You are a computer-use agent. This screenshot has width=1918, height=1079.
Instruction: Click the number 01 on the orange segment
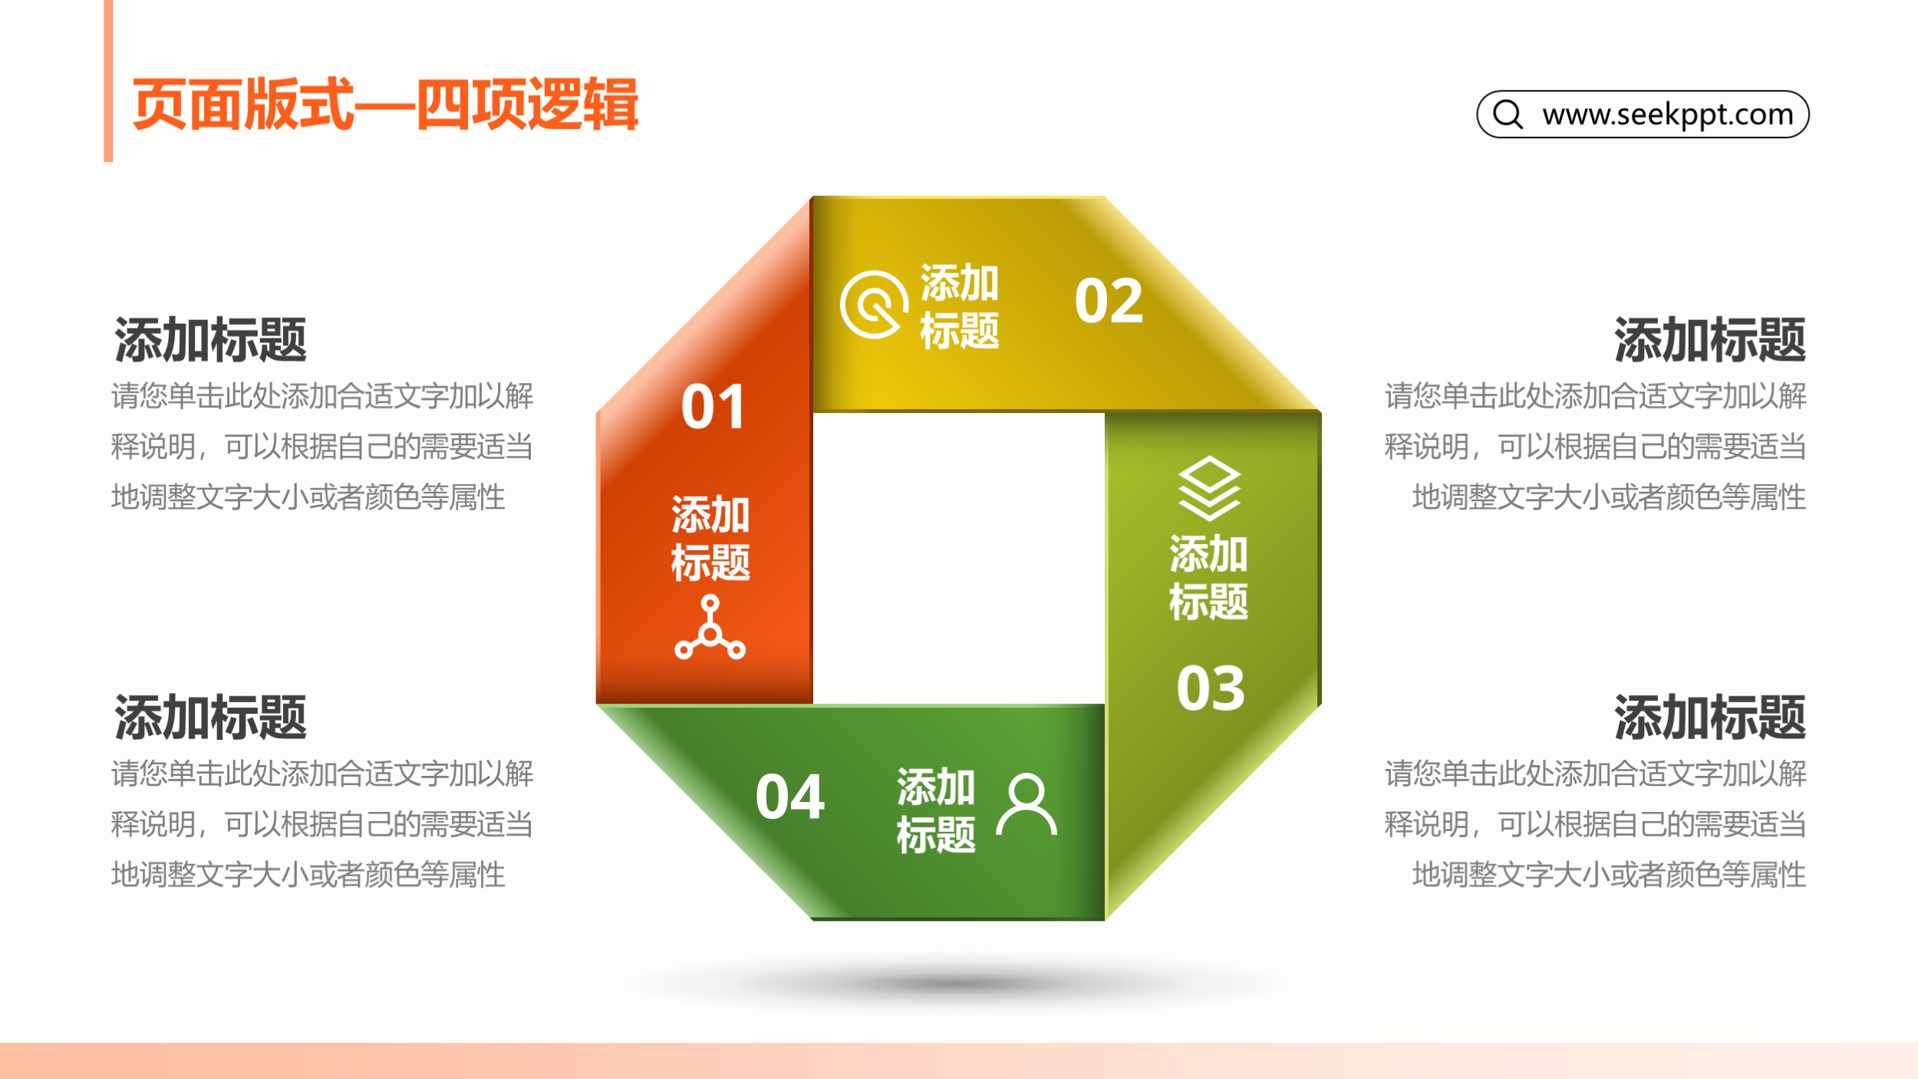(713, 407)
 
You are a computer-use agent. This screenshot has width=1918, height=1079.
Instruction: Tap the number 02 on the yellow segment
(1109, 301)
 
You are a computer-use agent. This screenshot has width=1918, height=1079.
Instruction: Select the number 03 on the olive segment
(1211, 688)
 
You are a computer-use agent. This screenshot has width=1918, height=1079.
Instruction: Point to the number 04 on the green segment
(789, 797)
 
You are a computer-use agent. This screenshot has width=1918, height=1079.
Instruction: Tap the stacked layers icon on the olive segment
(1209, 488)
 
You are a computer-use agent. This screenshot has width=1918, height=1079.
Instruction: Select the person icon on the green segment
(1027, 803)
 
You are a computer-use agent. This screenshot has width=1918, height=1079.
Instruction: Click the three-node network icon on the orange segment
(710, 627)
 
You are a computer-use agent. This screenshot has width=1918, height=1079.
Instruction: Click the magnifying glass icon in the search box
(1508, 114)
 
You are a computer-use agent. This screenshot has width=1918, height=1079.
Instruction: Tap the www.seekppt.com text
(1668, 114)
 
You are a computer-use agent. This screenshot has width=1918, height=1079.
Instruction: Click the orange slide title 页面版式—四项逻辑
(385, 104)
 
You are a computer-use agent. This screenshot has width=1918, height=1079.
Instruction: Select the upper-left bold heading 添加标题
(210, 340)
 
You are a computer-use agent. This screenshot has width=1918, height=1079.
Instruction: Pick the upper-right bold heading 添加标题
(1710, 340)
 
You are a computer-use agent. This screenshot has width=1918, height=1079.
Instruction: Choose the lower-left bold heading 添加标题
(210, 718)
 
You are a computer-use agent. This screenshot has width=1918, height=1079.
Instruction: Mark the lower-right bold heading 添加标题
(1710, 718)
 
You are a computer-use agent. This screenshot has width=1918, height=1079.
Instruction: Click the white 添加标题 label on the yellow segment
(960, 307)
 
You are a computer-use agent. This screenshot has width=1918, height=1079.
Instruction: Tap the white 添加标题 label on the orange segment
(710, 538)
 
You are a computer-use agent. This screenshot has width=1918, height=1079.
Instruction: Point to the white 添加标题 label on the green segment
(936, 810)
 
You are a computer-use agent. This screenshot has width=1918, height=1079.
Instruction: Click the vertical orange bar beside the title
(108, 81)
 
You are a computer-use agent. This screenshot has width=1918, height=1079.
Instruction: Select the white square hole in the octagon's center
(959, 559)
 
